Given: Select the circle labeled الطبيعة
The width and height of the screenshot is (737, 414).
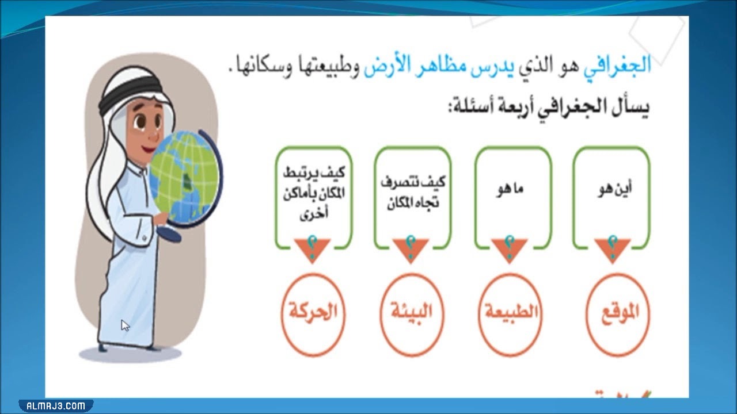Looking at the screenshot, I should pos(510,314).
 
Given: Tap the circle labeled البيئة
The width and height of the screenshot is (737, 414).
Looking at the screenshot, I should pos(411,314).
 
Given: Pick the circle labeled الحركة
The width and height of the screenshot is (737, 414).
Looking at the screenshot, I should pos(312,314).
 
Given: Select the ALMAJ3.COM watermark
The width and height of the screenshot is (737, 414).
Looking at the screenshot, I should pos(55,405).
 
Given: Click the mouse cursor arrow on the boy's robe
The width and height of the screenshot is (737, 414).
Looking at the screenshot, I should pos(125,325).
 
